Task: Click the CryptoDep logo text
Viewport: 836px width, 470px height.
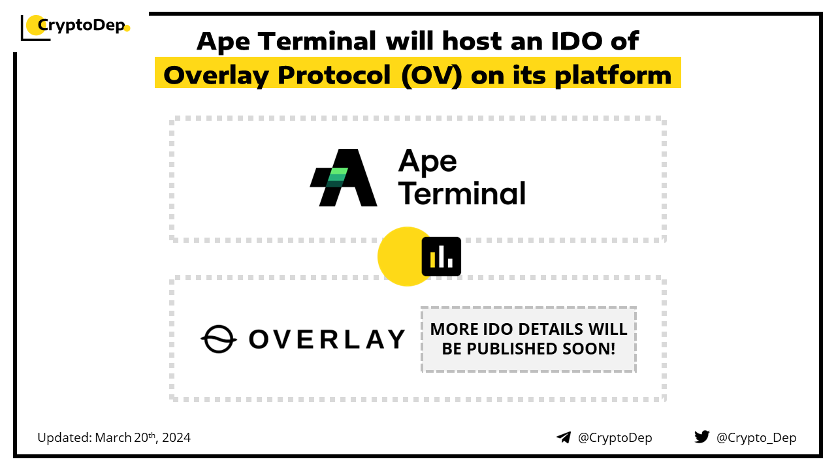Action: pos(82,25)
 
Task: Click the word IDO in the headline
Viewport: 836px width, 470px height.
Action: pos(577,40)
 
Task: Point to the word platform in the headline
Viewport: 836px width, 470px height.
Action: pos(613,76)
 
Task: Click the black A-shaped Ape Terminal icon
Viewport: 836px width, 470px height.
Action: pos(344,178)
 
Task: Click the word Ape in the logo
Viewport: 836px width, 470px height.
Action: pos(428,161)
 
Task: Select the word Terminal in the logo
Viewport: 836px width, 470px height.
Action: pos(462,194)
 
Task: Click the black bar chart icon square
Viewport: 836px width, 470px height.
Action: pos(441,257)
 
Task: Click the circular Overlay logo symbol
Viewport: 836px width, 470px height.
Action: pos(219,339)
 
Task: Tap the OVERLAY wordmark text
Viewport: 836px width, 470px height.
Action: pos(327,339)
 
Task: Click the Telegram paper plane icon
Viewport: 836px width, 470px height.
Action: pos(564,437)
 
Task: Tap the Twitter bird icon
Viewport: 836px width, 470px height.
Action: pos(702,437)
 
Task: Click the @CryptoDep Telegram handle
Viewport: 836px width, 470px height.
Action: pos(615,438)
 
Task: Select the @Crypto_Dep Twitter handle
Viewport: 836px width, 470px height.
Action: pos(756,438)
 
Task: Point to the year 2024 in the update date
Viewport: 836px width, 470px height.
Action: pos(176,437)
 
